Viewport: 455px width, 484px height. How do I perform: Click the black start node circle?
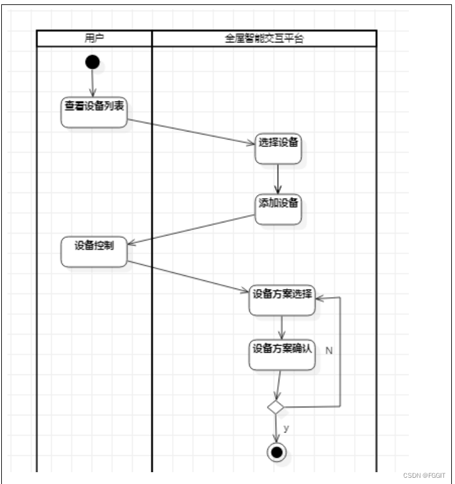(92, 62)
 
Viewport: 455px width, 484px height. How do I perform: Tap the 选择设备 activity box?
(278, 148)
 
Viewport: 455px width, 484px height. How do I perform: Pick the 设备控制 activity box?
(94, 251)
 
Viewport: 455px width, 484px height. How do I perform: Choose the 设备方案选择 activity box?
(282, 300)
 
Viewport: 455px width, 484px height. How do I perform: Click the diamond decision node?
(275, 407)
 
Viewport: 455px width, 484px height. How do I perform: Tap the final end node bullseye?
(276, 452)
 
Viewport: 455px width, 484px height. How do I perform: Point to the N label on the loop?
(328, 351)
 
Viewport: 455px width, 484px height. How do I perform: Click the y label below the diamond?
(286, 428)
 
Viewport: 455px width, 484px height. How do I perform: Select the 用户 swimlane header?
(94, 38)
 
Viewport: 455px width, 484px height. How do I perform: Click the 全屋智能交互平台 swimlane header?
(264, 38)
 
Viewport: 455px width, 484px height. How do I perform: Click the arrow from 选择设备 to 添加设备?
(278, 179)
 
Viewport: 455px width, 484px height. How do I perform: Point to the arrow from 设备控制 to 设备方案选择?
(187, 276)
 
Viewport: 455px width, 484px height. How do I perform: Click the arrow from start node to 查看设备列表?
(93, 82)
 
